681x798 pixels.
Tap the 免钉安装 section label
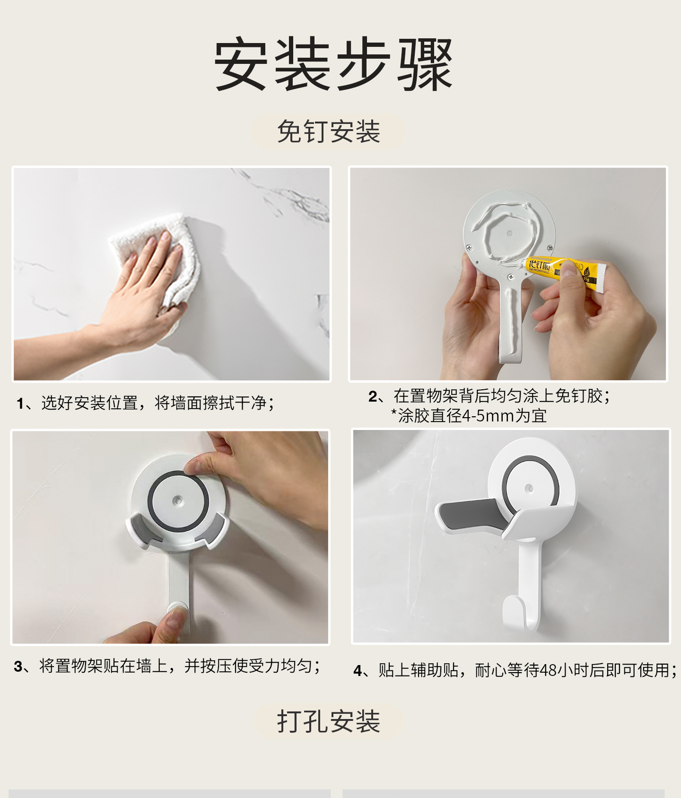[329, 132]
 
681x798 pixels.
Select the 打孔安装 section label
[329, 721]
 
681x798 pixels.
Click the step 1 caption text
[145, 403]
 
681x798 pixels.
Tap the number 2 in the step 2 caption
[373, 396]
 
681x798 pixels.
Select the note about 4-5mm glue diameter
[469, 416]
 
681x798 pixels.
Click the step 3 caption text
[167, 666]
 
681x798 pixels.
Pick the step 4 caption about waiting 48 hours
[515, 670]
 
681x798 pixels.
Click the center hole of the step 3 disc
[178, 500]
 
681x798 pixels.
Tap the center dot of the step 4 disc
[529, 488]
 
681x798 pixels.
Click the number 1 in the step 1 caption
[20, 403]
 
